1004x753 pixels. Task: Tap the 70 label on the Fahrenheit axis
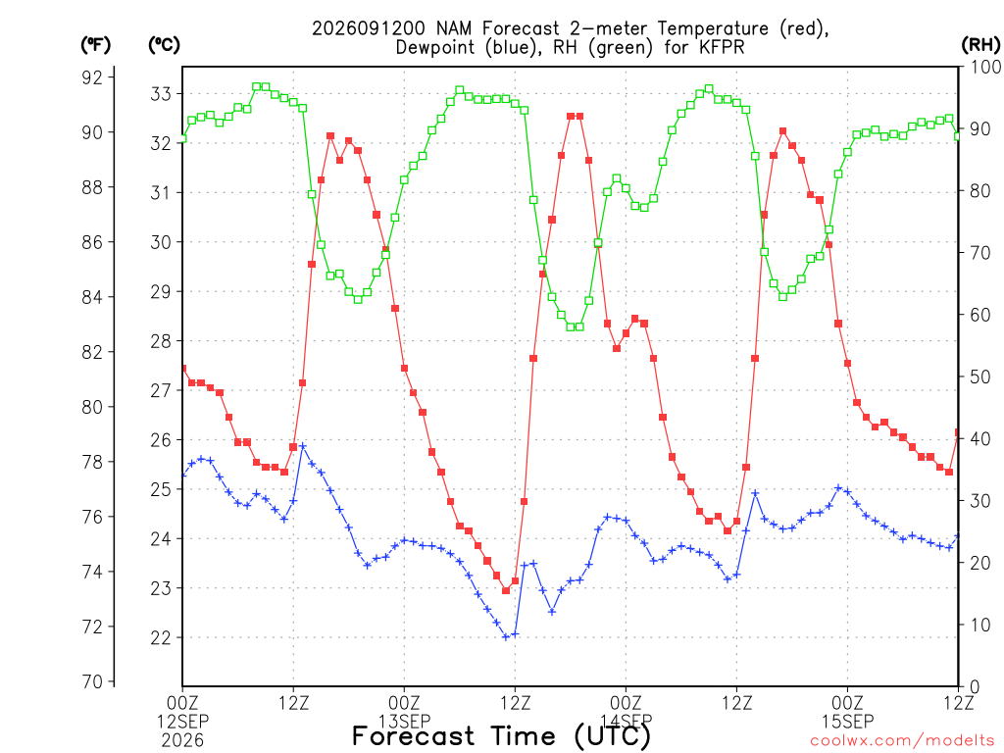(92, 681)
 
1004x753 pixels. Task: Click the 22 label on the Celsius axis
(161, 637)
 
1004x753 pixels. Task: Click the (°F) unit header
(95, 45)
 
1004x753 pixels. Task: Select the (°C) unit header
(164, 45)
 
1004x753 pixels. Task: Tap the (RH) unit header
(981, 45)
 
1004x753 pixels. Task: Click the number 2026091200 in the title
(369, 28)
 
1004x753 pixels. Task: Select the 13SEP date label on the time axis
(404, 721)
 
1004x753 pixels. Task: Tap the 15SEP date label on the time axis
(848, 721)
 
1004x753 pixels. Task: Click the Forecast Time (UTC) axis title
(501, 736)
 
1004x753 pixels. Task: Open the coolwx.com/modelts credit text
(902, 741)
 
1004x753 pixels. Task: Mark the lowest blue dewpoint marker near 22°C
(506, 637)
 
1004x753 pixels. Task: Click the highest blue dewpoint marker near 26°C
(303, 446)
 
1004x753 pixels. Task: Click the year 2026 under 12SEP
(182, 740)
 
